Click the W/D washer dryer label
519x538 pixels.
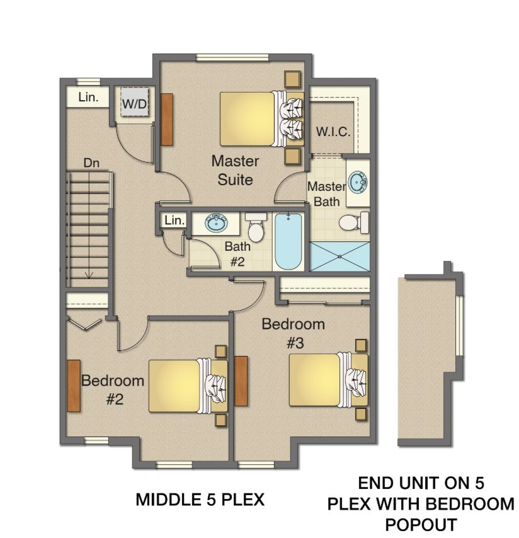tap(134, 104)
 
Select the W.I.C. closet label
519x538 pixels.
tap(333, 133)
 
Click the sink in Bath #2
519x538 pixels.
tap(217, 222)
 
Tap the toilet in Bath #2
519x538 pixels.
tap(256, 227)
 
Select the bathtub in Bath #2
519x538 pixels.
tap(289, 242)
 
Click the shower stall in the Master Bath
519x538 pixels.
tap(339, 256)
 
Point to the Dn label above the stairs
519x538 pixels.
tap(91, 163)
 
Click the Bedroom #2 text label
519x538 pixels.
tap(113, 389)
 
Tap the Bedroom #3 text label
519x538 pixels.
tap(294, 333)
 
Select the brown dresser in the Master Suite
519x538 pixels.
tap(167, 118)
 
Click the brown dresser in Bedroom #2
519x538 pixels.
tap(73, 386)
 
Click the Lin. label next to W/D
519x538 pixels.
tap(87, 98)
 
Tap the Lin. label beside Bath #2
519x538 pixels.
tap(174, 220)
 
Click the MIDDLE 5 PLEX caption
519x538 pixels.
tap(200, 500)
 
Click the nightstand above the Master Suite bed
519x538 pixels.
tap(292, 80)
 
